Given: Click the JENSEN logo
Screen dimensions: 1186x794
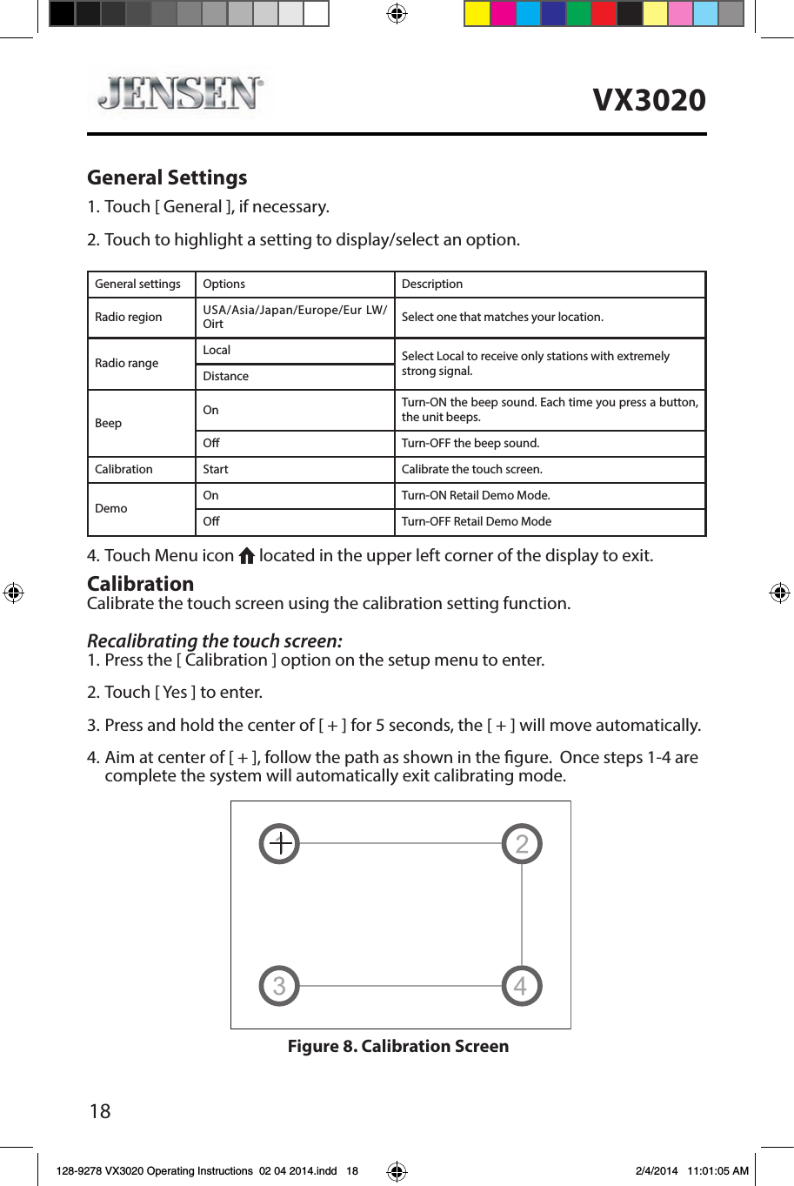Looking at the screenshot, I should coord(180,93).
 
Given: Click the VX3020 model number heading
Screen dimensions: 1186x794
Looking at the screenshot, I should coord(649,100).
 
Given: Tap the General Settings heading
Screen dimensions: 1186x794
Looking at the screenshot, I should coord(167,178).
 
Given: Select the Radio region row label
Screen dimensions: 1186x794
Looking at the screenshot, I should coord(129,317).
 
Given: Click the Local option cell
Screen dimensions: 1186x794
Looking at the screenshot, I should coord(217,350).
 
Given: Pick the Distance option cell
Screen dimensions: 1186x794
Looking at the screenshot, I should coord(225,376).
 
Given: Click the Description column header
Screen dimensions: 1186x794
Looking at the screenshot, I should coord(432,284).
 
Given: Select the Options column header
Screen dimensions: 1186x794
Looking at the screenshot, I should coord(224,284).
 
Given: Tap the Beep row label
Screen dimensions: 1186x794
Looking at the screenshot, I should coord(109,423).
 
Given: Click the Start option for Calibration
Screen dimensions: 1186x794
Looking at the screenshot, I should coord(216,469).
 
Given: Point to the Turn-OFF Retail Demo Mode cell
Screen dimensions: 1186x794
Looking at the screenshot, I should coord(477,521).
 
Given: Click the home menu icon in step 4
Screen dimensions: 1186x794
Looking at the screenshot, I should coord(246,556).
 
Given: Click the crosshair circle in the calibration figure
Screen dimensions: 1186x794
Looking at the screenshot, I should coord(279,843).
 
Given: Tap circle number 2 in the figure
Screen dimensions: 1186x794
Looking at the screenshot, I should coord(522,843).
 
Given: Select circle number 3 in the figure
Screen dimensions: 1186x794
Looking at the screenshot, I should coord(279,986).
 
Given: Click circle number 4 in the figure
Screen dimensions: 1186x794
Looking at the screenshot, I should coord(522,986).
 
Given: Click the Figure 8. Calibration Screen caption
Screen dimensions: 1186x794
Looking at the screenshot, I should coord(398,1046).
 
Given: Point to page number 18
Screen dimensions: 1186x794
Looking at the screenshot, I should coord(100,1111).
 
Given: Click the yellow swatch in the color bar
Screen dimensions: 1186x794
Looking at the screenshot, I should coord(477,13).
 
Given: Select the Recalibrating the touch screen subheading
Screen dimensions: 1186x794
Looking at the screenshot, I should coord(215,641).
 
